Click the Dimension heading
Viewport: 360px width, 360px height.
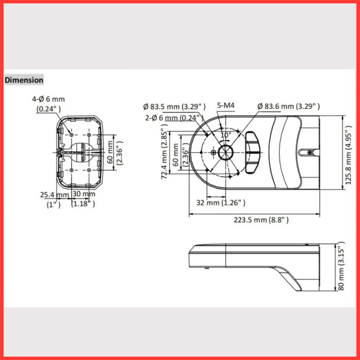(24, 80)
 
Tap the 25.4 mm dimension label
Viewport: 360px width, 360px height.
(54, 195)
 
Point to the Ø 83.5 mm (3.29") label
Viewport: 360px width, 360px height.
(174, 106)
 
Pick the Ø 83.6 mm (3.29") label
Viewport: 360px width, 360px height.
(288, 106)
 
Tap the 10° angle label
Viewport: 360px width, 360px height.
(226, 135)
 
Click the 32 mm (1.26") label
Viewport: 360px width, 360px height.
(220, 203)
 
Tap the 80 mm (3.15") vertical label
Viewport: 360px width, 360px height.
(341, 266)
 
